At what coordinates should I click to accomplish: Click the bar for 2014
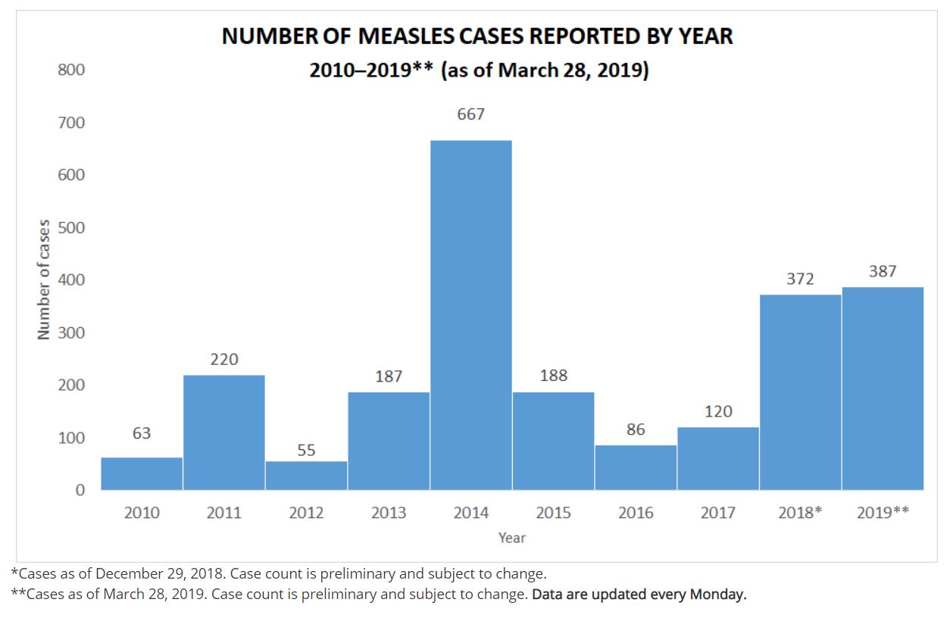tap(471, 314)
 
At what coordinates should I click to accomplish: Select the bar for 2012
tap(306, 475)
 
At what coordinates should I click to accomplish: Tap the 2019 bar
tap(883, 388)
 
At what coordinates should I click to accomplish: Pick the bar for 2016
tap(636, 467)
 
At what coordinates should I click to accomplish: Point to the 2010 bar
tap(142, 473)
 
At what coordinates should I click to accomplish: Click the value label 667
tap(470, 114)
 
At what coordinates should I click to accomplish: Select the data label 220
tap(224, 360)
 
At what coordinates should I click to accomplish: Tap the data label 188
tap(554, 376)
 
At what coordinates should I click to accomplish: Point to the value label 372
tap(800, 279)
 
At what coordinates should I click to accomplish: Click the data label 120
tap(718, 411)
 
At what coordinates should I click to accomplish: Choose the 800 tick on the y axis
tap(71, 70)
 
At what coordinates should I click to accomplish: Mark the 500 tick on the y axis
tap(71, 227)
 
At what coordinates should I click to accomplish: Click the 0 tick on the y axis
tap(80, 490)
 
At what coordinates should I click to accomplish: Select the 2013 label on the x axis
tap(389, 513)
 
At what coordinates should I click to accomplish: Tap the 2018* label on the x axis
tap(800, 513)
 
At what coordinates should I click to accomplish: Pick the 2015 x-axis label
tap(554, 513)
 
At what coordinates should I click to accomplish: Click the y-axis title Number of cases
tap(44, 279)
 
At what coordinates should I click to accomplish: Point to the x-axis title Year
tap(512, 538)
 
